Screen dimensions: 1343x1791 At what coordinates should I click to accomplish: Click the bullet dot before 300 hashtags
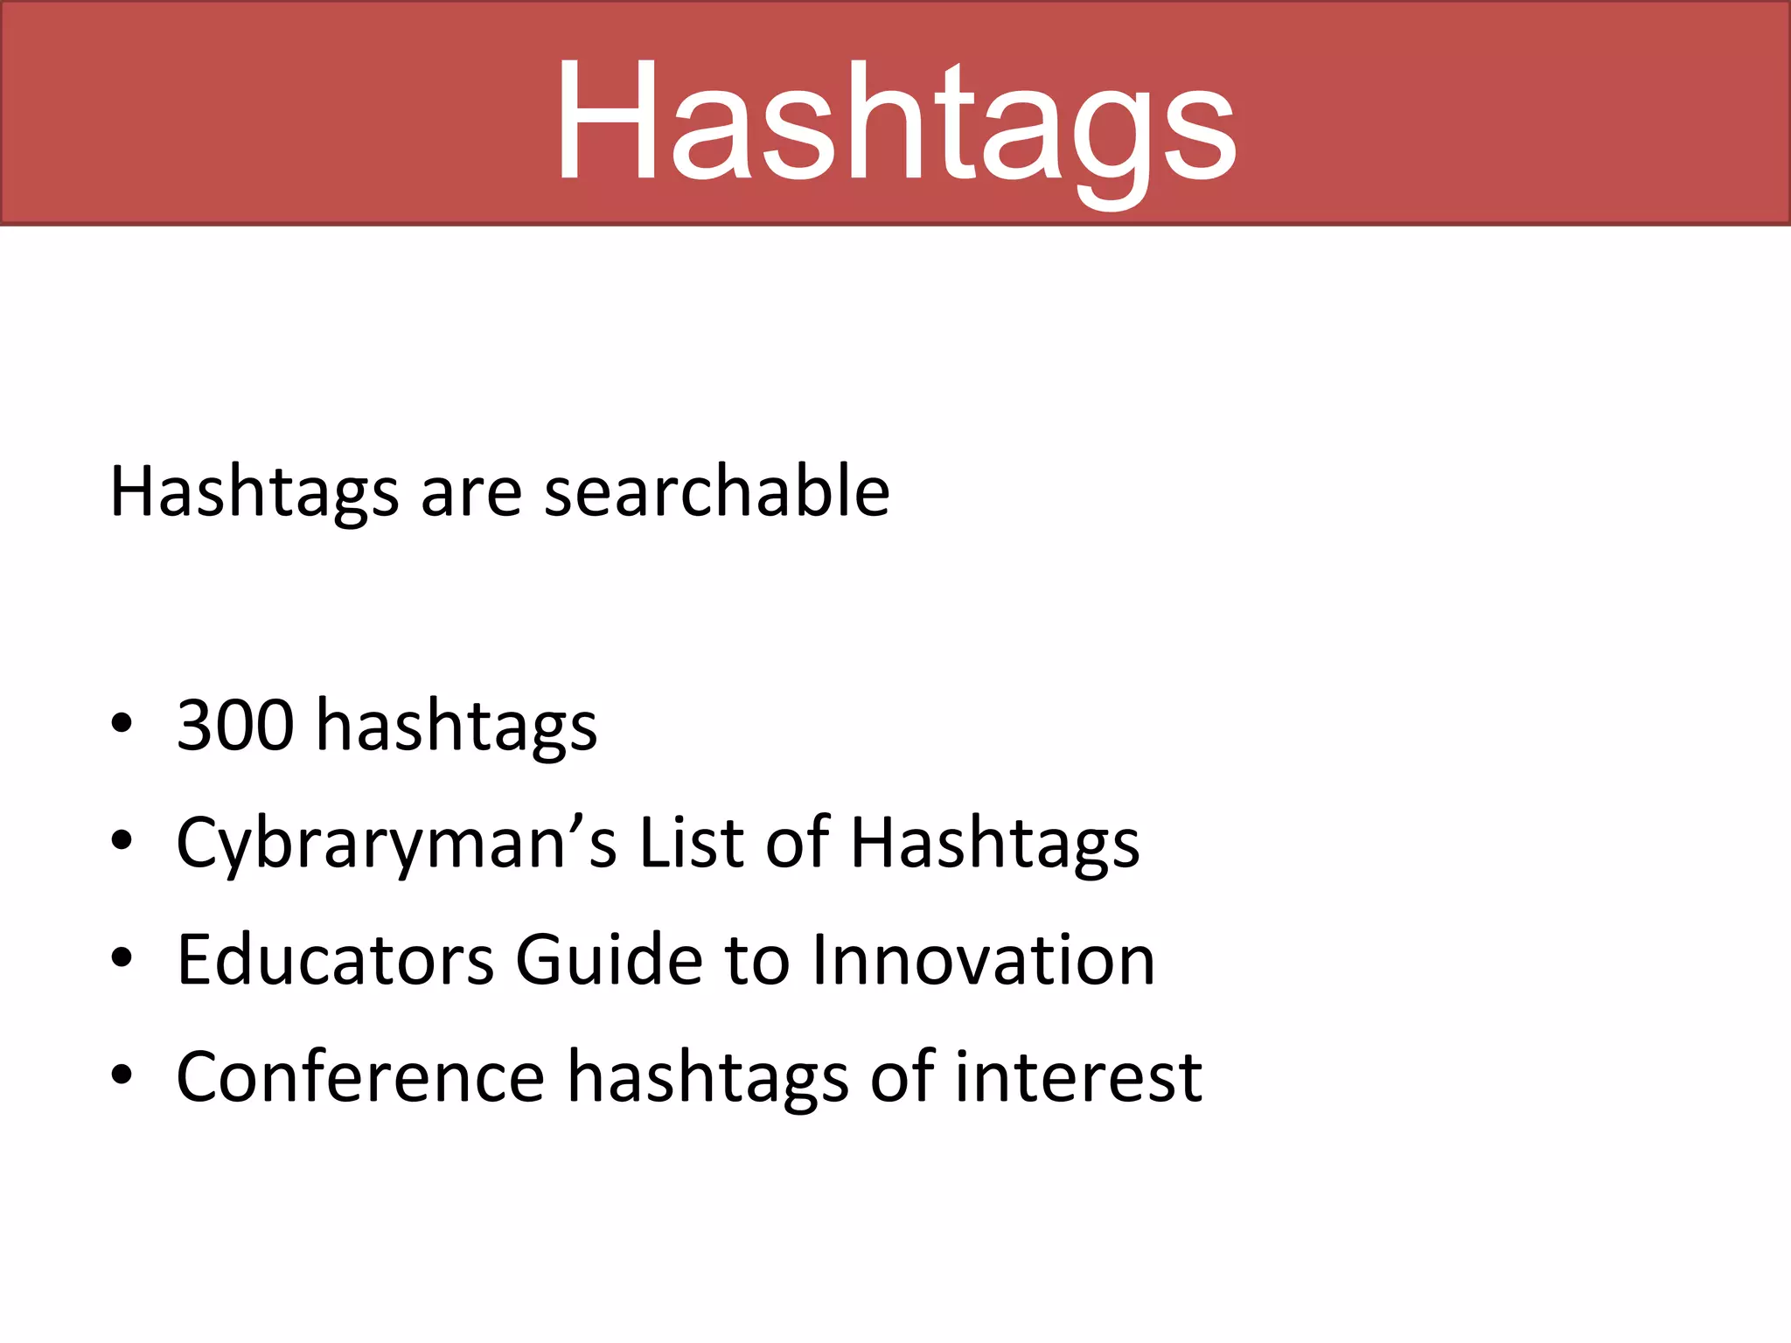coord(122,724)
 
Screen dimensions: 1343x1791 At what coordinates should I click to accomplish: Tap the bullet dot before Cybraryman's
coord(122,841)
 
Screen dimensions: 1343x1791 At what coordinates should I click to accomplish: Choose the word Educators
coord(335,959)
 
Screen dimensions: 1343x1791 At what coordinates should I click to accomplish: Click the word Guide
coord(609,959)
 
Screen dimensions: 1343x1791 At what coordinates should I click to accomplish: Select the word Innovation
coord(984,959)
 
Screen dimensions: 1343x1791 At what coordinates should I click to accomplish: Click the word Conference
coord(360,1076)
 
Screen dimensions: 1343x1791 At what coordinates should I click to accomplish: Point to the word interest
coord(1077,1076)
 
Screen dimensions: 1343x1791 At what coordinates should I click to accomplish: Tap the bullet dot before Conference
coord(122,1076)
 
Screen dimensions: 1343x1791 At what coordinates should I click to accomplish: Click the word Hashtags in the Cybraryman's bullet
coord(995,843)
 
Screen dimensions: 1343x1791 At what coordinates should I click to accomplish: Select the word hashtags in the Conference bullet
coord(707,1078)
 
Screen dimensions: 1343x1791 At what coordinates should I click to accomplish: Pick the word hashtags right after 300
coord(456,726)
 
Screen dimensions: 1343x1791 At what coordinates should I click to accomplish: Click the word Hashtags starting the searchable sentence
coord(254,493)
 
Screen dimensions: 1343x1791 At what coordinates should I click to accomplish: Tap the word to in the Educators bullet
coord(757,959)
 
